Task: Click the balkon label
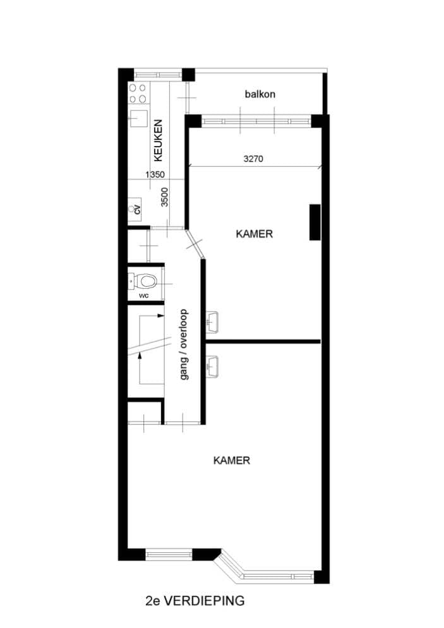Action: [260, 94]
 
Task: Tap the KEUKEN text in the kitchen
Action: [159, 141]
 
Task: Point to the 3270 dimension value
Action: [253, 159]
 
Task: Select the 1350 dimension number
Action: [155, 174]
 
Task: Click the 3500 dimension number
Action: [165, 197]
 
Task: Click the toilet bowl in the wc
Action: [146, 281]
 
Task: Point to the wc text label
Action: [144, 296]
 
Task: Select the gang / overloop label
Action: [184, 344]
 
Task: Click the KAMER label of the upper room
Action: [255, 234]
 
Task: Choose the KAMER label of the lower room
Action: [232, 461]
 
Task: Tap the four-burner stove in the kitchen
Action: [137, 93]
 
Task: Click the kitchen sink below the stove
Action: [138, 119]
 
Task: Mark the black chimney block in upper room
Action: [315, 222]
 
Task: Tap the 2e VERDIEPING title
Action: [195, 601]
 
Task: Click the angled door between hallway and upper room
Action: [194, 243]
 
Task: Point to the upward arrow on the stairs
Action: [140, 368]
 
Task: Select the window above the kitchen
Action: [158, 75]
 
